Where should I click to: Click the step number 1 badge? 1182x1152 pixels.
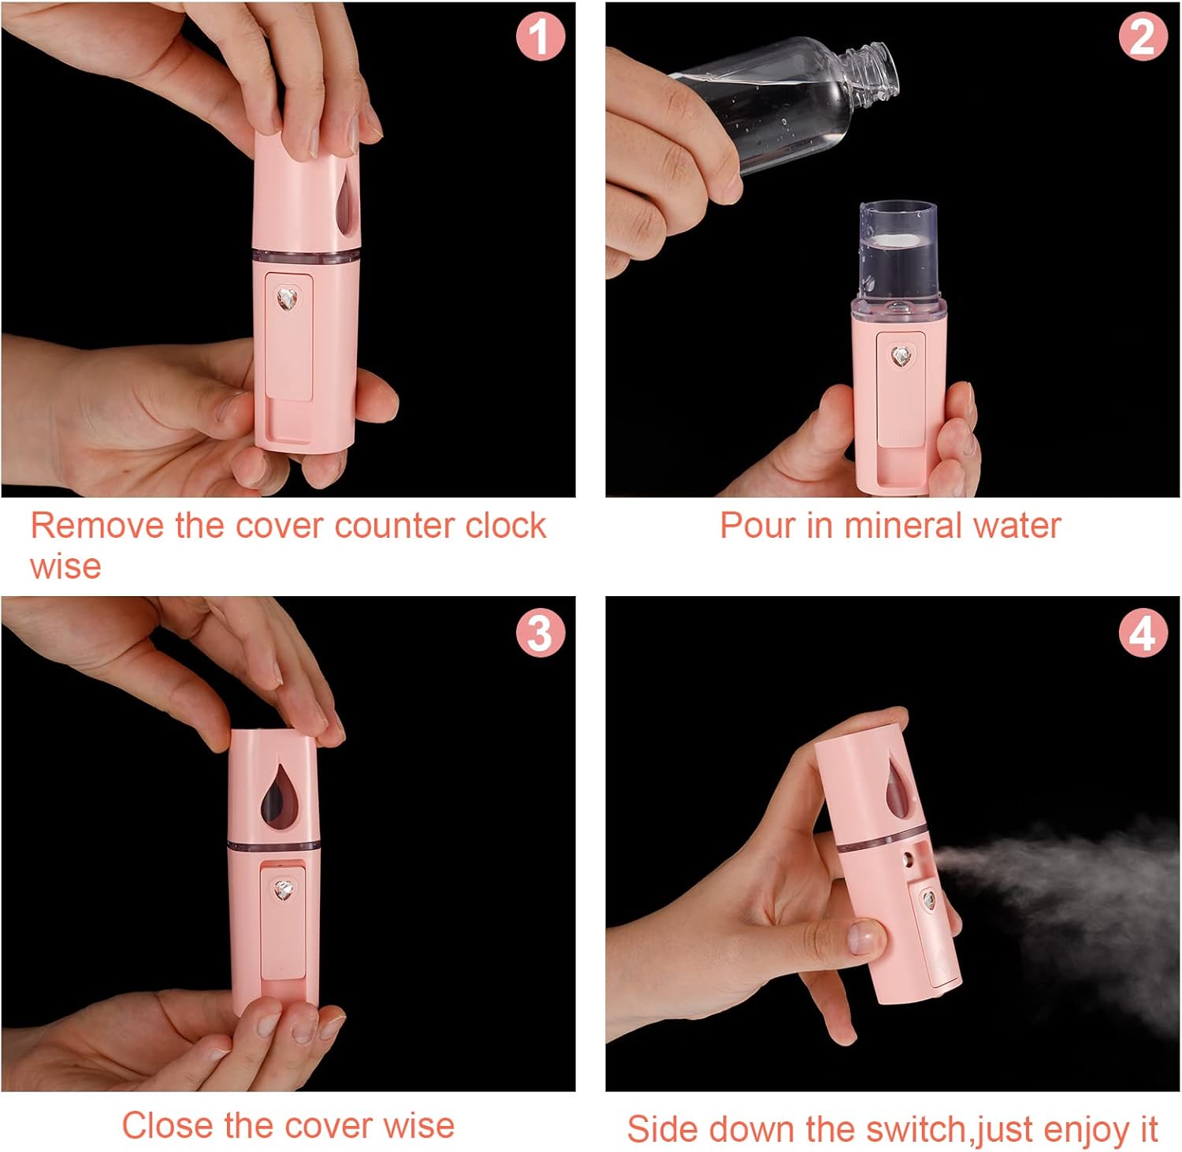(540, 37)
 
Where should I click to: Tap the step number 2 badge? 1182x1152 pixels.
(1143, 37)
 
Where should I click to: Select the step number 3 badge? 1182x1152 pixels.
(540, 632)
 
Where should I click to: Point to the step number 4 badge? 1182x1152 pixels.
(1143, 632)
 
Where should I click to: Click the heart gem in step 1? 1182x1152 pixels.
(287, 299)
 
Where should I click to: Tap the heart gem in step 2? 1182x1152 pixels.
(901, 356)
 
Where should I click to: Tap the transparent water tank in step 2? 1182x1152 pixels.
(898, 251)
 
